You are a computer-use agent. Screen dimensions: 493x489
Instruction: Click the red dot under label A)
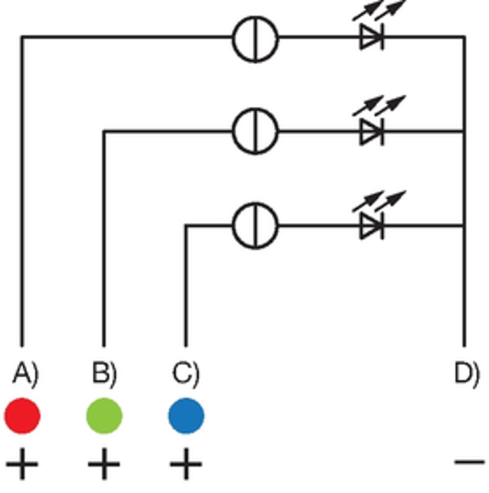tap(23, 416)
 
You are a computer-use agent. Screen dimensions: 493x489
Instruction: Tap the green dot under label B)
tap(104, 416)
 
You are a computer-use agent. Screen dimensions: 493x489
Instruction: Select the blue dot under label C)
tap(186, 416)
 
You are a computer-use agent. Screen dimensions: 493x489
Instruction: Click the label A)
tap(25, 373)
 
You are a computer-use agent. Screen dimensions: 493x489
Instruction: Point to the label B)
tap(105, 373)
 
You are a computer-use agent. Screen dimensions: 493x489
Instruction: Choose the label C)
tap(186, 373)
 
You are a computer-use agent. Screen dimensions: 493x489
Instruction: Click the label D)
tap(467, 373)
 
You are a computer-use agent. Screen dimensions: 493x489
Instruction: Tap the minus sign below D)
tap(469, 461)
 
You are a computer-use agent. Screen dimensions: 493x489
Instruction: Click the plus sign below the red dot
tap(23, 464)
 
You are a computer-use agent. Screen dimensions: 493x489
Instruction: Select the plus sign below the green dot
tap(104, 464)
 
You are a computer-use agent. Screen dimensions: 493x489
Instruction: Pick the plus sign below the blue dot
tap(186, 464)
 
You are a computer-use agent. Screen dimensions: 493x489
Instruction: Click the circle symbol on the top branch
tap(255, 38)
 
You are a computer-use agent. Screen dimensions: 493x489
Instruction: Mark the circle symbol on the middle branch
tap(255, 131)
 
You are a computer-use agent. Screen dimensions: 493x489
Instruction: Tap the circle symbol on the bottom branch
tap(255, 226)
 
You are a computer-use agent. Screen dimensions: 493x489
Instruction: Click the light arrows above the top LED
tap(379, 11)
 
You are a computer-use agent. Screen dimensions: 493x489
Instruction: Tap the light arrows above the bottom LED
tap(379, 201)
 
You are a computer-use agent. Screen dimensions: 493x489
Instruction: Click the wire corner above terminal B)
tap(104, 131)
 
